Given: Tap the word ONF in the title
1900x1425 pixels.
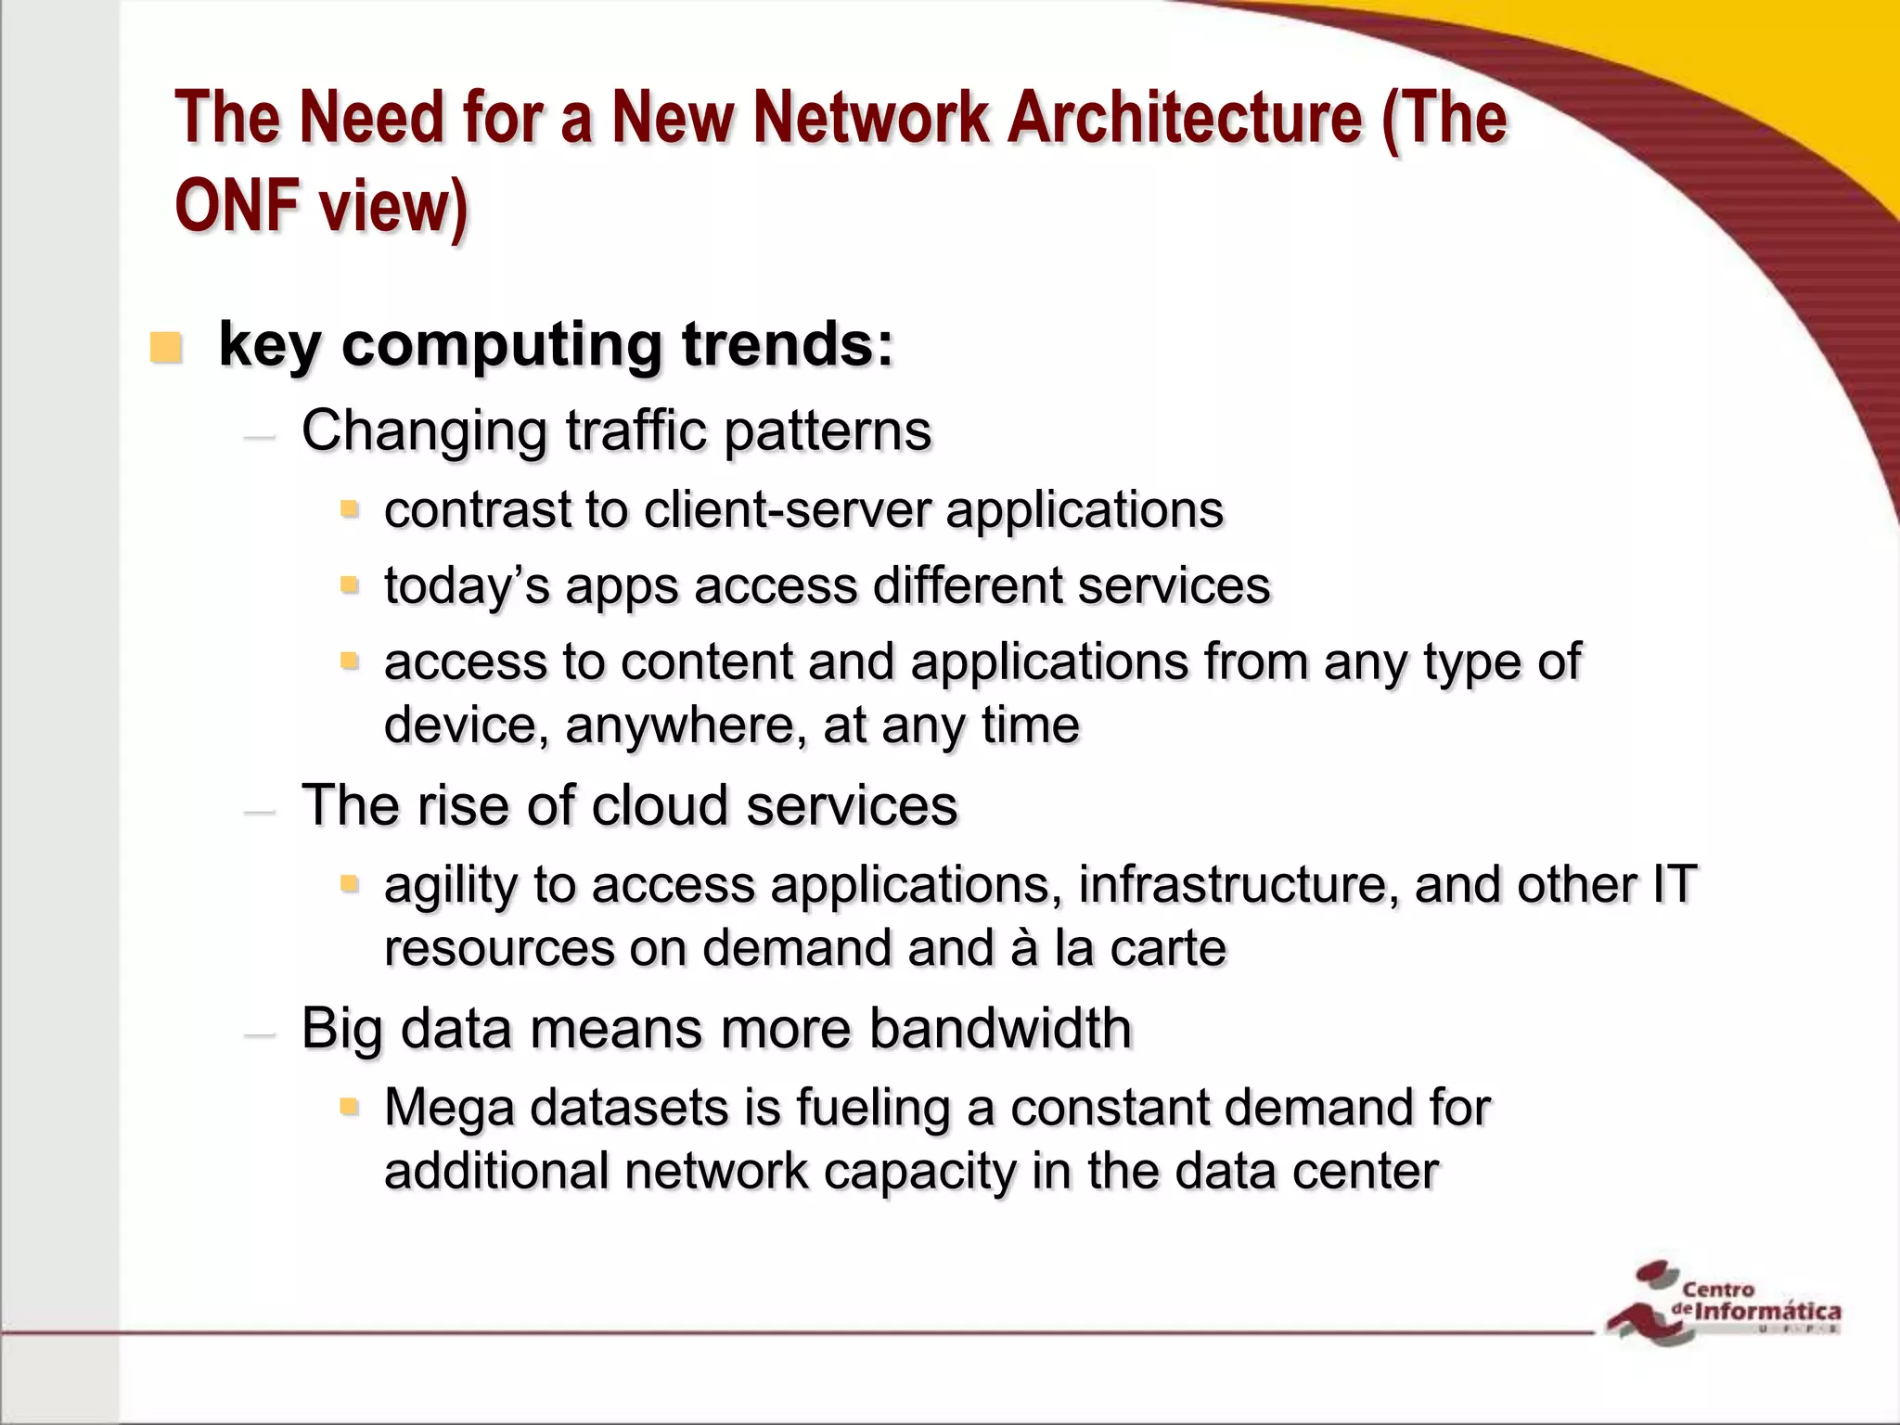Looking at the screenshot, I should click(237, 206).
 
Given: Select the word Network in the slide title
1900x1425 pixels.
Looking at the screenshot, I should click(870, 119).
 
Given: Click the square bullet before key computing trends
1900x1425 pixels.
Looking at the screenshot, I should click(165, 348).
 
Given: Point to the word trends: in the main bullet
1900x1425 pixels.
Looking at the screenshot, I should click(788, 345).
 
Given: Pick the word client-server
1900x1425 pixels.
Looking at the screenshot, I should click(787, 510).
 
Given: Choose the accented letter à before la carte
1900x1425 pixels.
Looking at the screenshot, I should click(1023, 948).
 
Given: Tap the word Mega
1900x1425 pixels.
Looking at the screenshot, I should click(449, 1109).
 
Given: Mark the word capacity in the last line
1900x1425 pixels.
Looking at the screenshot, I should click(919, 1172).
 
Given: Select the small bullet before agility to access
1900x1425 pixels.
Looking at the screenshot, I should click(349, 883).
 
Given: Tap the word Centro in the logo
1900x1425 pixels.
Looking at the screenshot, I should click(1718, 1289).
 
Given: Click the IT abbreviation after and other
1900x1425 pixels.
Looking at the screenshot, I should click(1674, 885).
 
